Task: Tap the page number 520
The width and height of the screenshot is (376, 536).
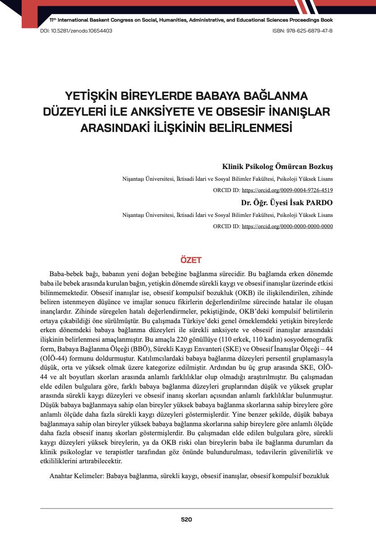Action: point(187,520)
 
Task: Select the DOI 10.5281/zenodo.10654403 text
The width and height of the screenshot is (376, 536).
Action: point(74,31)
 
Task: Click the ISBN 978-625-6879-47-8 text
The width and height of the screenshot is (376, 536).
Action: point(302,31)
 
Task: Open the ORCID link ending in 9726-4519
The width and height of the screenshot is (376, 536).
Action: point(287,190)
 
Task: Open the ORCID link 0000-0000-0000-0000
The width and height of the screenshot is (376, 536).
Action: point(287,226)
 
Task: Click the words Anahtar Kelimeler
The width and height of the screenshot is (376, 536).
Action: point(75,476)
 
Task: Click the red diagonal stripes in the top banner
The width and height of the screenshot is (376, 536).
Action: point(302,6)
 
